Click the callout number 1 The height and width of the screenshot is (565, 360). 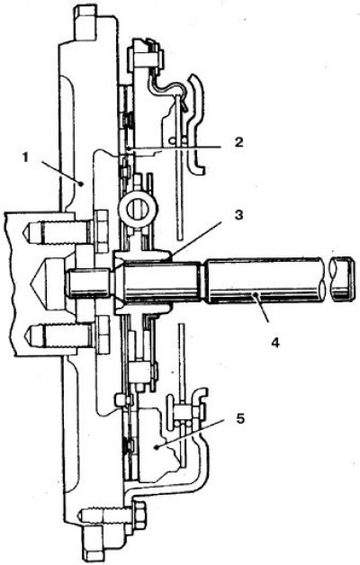25,157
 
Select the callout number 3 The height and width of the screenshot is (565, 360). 238,215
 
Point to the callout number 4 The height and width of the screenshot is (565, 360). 275,342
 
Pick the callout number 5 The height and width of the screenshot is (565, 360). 240,418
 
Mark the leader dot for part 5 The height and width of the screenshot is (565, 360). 157,447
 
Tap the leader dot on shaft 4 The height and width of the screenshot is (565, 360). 255,295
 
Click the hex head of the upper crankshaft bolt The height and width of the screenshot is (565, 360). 102,231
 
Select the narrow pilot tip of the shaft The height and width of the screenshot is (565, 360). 88,282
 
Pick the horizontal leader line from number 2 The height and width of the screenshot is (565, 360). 175,148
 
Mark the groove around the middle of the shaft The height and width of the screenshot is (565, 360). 202,282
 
